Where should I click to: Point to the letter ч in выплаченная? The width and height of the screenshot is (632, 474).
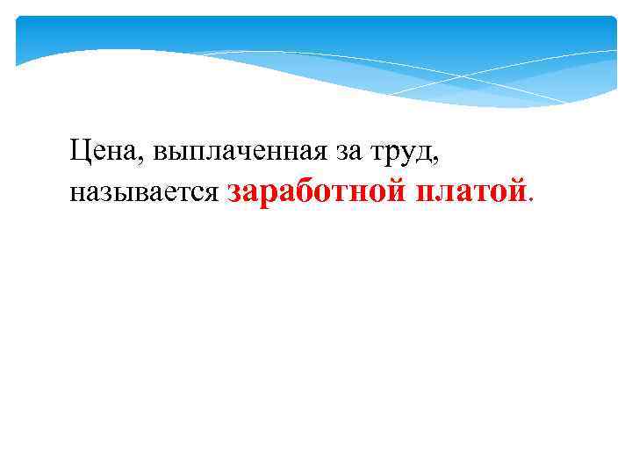pyautogui.click(x=233, y=155)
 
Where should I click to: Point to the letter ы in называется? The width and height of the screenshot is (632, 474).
pyautogui.click(x=119, y=193)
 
